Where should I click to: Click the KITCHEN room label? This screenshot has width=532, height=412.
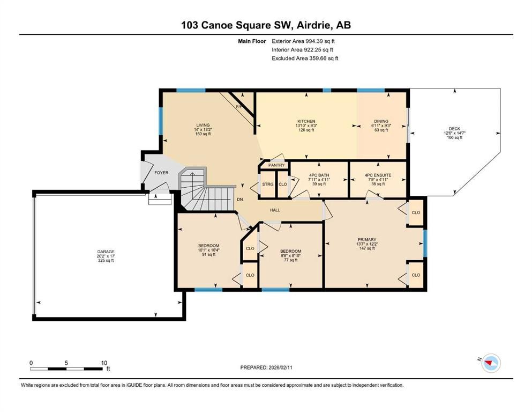306,121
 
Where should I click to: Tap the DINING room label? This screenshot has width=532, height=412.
381,121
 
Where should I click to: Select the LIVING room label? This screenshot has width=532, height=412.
203,125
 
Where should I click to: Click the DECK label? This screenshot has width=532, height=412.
454,128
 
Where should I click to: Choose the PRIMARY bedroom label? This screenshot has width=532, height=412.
367,240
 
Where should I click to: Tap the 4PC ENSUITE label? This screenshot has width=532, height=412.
378,175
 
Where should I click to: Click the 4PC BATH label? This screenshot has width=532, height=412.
319,175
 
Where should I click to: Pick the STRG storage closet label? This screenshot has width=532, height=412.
268,185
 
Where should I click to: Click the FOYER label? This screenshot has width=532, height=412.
161,173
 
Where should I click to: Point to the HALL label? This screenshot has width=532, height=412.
275,210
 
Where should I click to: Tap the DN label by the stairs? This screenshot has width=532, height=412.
240,200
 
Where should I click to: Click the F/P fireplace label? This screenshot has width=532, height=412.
239,107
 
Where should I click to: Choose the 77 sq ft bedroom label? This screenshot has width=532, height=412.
290,252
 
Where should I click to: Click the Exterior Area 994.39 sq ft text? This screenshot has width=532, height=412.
304,41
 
